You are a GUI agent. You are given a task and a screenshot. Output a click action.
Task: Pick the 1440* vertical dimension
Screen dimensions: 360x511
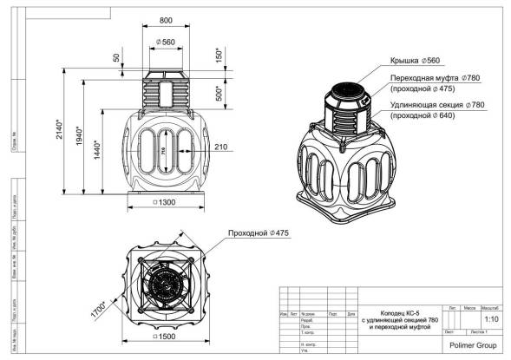click(98, 153)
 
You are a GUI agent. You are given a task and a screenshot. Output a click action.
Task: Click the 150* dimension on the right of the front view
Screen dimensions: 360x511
click(220, 55)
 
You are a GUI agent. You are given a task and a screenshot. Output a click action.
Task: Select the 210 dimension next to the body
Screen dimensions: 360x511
click(220, 147)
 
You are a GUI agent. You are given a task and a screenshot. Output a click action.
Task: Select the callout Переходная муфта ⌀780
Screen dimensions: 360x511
click(431, 78)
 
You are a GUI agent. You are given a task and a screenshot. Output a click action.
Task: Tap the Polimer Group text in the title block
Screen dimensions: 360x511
click(473, 345)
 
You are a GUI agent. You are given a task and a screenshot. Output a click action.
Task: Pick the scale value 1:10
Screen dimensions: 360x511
click(491, 318)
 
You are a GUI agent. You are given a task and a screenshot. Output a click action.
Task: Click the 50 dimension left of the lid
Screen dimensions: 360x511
click(117, 58)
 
